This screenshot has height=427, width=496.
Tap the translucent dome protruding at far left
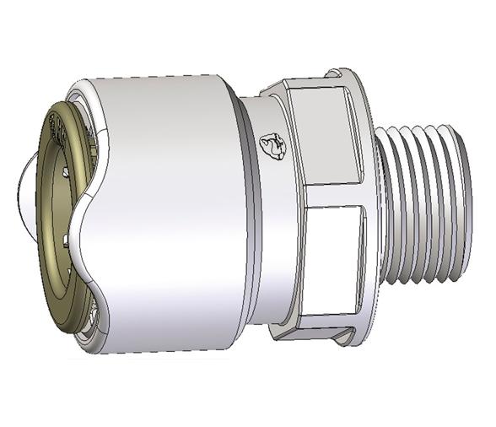24,191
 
